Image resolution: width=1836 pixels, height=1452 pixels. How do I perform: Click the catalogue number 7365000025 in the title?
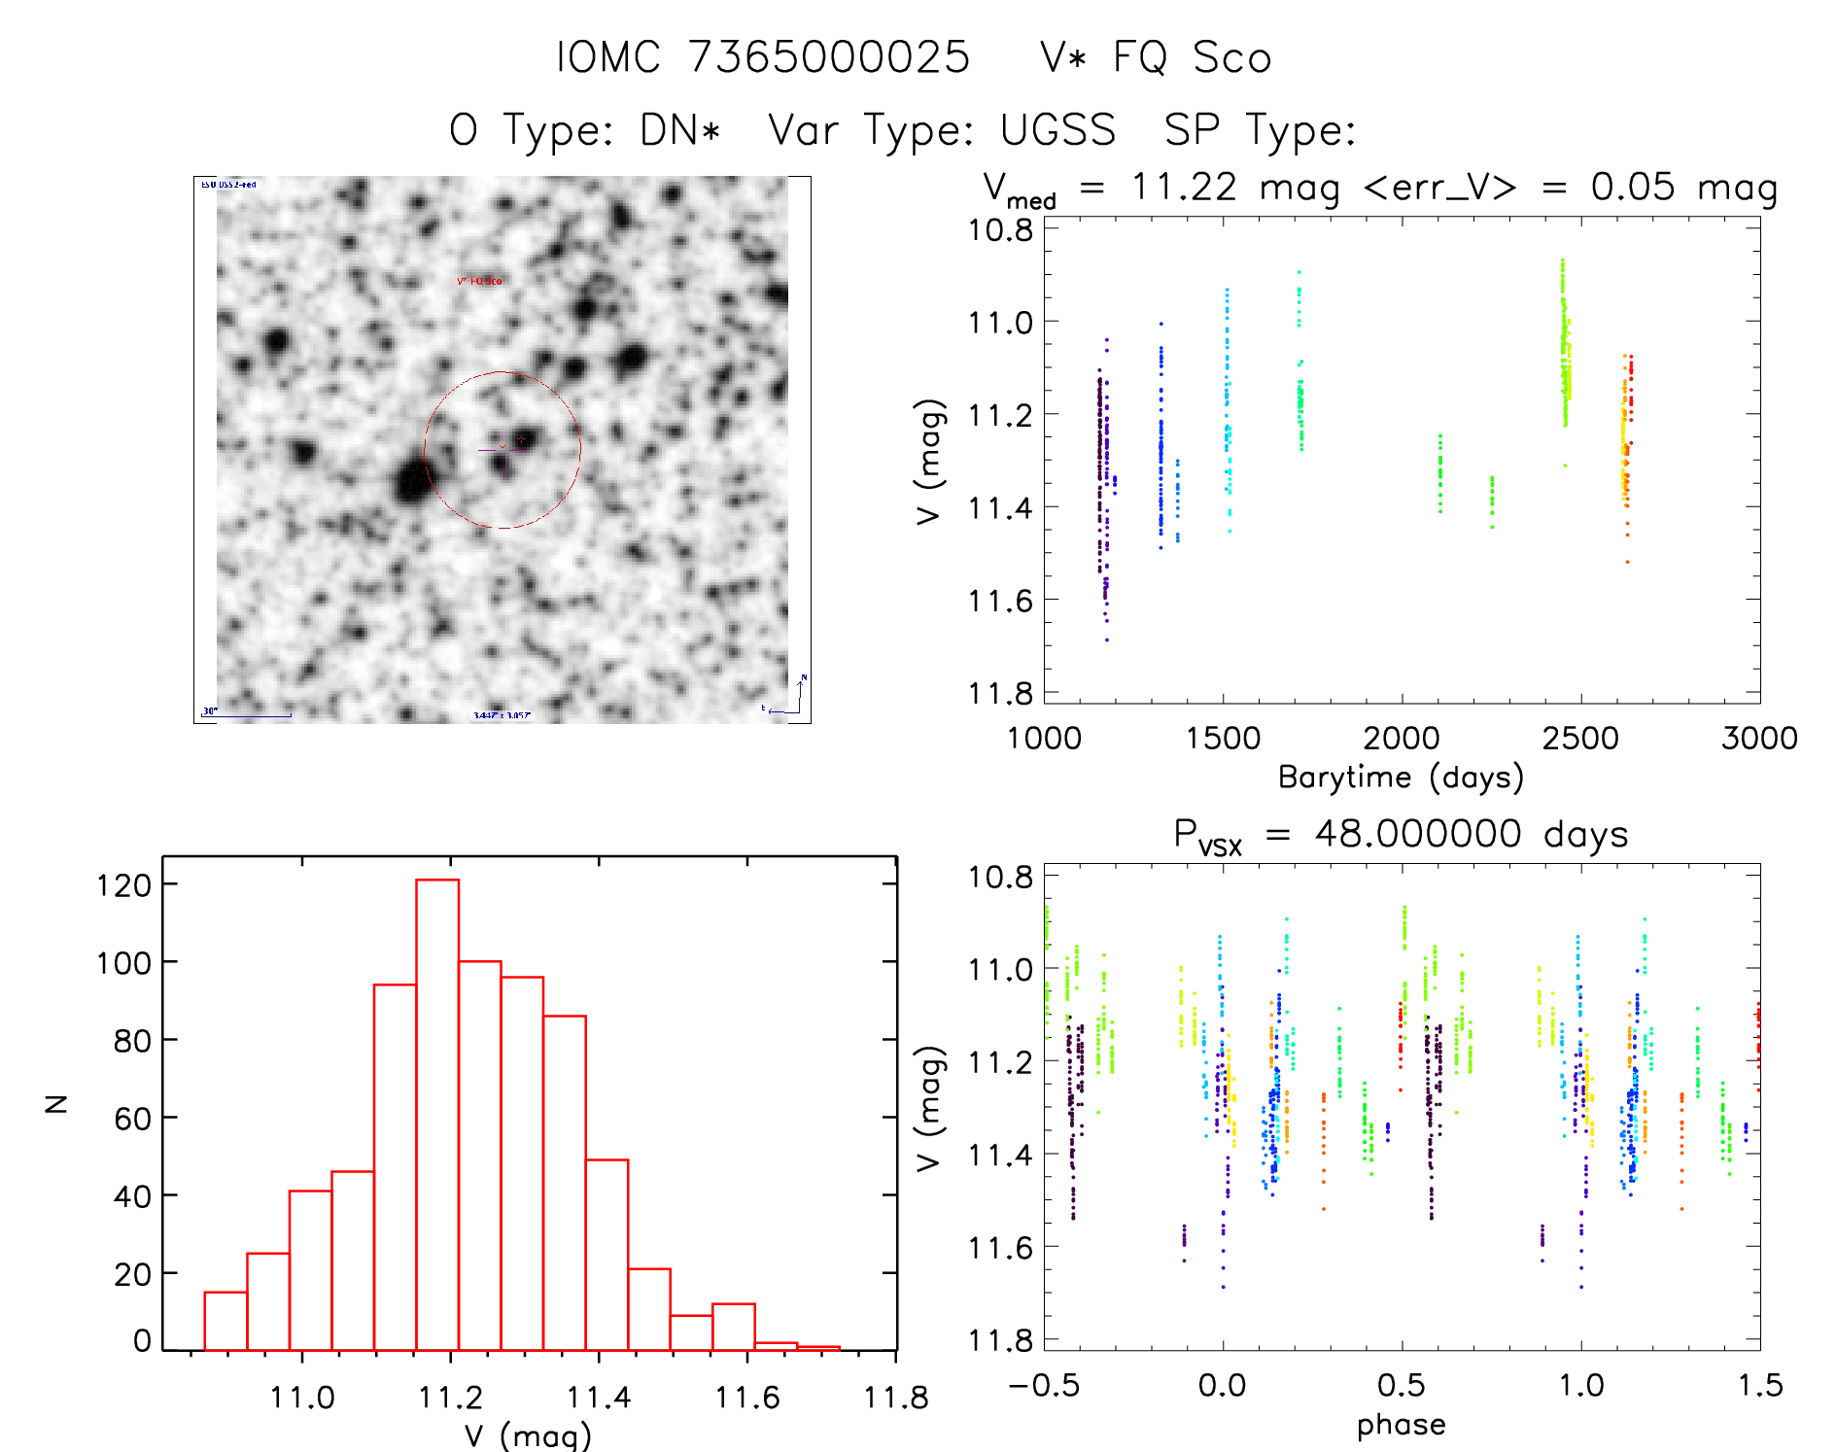(829, 57)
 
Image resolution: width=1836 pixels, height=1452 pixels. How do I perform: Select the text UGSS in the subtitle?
(1057, 130)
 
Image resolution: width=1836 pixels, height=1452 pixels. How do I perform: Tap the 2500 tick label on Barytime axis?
(1580, 738)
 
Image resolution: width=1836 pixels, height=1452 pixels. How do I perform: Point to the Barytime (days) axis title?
(1401, 778)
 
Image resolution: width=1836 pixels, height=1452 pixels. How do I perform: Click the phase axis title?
(1401, 1425)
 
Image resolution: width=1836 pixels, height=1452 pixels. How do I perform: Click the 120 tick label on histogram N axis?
(123, 885)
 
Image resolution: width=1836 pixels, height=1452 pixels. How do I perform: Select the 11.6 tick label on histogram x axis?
(747, 1398)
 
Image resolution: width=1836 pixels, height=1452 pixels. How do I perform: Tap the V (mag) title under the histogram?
(528, 1435)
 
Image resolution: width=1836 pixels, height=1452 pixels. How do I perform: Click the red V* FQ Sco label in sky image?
(480, 281)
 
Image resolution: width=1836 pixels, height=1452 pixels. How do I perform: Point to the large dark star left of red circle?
(413, 481)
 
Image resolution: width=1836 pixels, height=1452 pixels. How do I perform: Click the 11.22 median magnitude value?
(1184, 187)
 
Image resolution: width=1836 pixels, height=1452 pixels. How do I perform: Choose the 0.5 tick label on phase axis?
(1401, 1385)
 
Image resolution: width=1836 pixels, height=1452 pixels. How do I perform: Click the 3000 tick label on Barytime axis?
(1759, 738)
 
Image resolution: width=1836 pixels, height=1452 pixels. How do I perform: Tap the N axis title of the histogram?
(57, 1103)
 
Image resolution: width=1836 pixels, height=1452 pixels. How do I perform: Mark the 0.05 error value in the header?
(1633, 187)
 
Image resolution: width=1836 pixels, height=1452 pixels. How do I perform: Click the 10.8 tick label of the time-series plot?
(1000, 230)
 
